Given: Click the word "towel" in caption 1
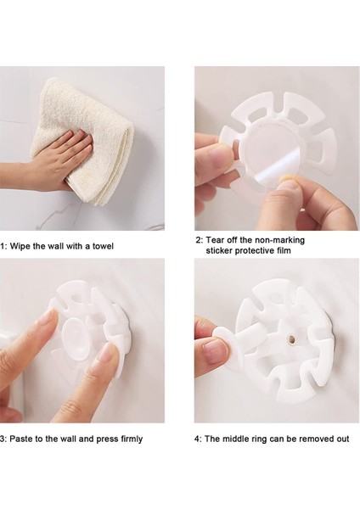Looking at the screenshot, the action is [103, 246].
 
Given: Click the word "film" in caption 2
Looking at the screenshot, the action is [283, 250].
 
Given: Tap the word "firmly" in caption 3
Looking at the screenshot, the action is [132, 439].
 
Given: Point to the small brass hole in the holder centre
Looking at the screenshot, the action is [291, 339].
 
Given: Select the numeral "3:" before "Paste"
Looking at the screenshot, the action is [3, 439].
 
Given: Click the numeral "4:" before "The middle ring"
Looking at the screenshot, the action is [198, 439].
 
